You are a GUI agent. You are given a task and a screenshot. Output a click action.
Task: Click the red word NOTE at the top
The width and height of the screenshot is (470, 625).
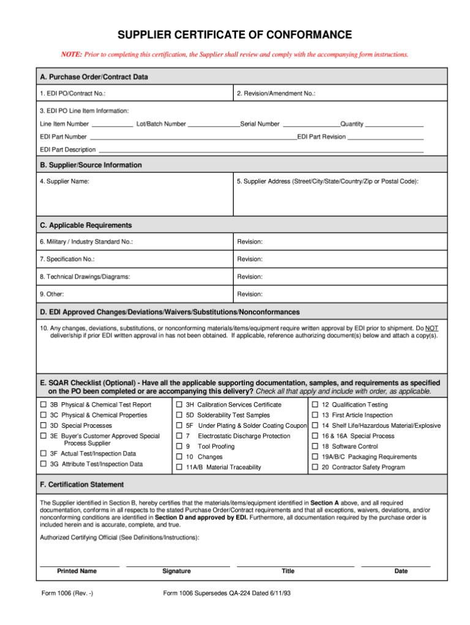(71, 54)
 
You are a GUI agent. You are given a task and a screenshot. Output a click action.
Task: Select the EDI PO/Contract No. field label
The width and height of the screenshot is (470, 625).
(72, 94)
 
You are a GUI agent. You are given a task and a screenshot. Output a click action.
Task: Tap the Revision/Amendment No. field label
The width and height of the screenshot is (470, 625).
(276, 94)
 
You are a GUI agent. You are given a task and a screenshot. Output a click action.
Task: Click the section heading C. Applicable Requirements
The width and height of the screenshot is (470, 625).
(86, 225)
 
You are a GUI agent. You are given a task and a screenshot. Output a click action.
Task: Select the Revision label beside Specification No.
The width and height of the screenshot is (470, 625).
(250, 259)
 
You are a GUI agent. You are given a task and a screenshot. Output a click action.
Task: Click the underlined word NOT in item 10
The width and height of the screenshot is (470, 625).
(432, 328)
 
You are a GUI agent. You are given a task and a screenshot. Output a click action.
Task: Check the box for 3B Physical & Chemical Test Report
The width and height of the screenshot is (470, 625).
(43, 405)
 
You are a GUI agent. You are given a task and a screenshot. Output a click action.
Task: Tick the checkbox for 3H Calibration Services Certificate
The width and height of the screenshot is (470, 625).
(179, 405)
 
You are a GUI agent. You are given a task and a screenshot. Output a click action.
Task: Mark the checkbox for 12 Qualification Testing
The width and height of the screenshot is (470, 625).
(315, 405)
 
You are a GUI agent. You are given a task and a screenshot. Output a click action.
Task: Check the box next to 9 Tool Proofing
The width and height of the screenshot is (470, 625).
(179, 446)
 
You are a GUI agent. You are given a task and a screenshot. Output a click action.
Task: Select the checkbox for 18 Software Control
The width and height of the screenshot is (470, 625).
(315, 446)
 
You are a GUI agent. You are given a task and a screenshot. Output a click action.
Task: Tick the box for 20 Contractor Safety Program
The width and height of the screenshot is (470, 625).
(315, 467)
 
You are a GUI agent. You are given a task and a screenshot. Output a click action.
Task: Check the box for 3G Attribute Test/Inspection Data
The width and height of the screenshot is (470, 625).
(43, 464)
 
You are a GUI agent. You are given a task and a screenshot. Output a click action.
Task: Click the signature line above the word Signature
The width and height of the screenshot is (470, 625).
(177, 566)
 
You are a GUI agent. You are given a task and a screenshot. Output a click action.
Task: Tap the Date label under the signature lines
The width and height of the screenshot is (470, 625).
(401, 571)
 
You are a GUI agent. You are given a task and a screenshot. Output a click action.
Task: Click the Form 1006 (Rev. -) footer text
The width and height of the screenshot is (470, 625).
(67, 594)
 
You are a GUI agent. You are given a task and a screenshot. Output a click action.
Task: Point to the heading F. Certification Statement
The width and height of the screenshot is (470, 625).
(81, 484)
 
